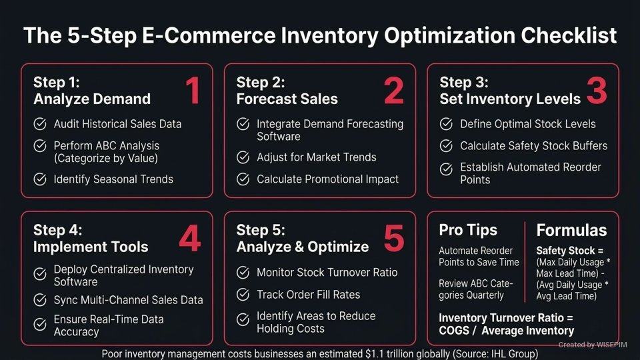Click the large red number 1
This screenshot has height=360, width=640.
pos(192,91)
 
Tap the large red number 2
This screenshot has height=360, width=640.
pos(393,91)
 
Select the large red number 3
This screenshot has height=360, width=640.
pos(597,91)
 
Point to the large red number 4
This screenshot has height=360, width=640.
pos(189,239)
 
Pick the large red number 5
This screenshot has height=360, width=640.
pos(393,239)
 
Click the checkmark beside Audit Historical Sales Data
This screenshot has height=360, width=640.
pos(40,124)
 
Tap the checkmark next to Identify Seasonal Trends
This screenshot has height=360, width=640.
pos(40,179)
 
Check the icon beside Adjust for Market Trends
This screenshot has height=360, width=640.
pos(243,157)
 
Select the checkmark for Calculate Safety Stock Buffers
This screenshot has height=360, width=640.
pos(447,145)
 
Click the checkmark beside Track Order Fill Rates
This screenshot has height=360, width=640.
pos(243,294)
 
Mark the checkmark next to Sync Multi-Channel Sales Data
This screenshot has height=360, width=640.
pos(40,300)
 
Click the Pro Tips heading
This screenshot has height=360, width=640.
pos(468,230)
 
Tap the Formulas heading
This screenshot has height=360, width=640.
pos(571,231)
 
